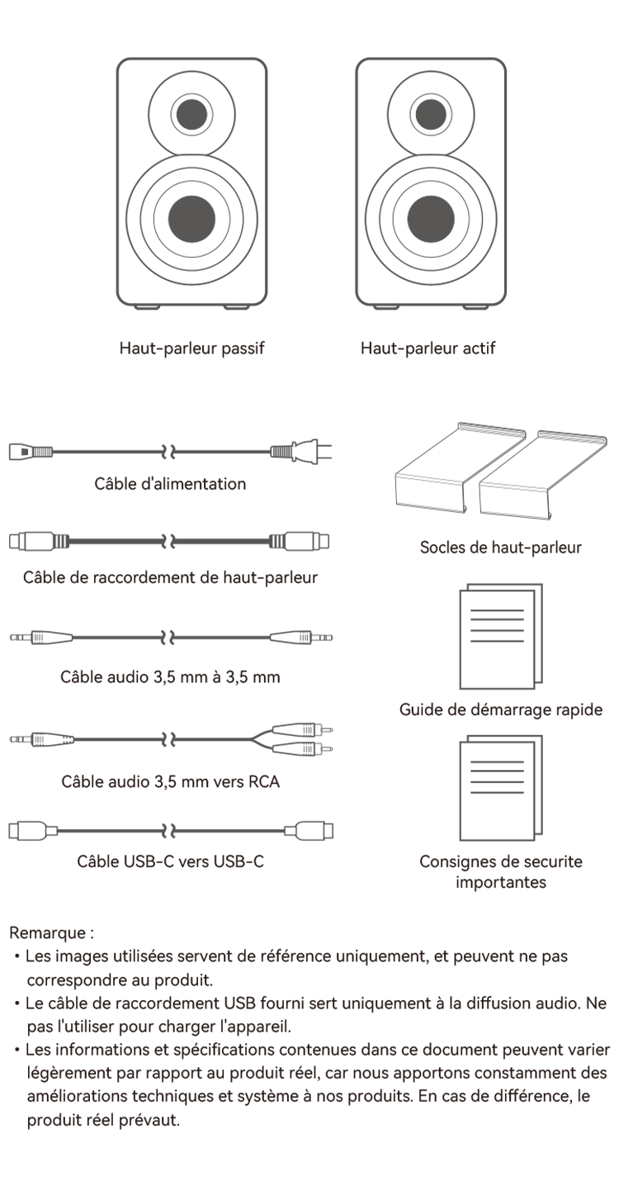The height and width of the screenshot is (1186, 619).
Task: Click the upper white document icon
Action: pyautogui.click(x=497, y=639)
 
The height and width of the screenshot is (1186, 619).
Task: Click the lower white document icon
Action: pyautogui.click(x=497, y=790)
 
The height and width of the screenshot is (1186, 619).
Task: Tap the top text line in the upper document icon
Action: pyautogui.click(x=497, y=611)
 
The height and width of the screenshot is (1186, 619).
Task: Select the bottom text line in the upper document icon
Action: pyautogui.click(x=497, y=640)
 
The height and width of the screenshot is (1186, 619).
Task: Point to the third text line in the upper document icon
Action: pyautogui.click(x=497, y=630)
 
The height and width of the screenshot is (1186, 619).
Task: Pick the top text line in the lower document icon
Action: pyautogui.click(x=497, y=761)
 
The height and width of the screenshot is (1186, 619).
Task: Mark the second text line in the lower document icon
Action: pyautogui.click(x=497, y=771)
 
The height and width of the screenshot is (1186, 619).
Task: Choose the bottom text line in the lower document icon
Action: pyautogui.click(x=497, y=792)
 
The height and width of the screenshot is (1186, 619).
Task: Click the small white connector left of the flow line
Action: pyautogui.click(x=17, y=541)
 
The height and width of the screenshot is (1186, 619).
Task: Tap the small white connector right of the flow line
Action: pyautogui.click(x=321, y=541)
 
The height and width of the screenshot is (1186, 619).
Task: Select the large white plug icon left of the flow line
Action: pyautogui.click(x=31, y=831)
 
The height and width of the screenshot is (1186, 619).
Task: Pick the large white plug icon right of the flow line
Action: pyautogui.click(x=310, y=831)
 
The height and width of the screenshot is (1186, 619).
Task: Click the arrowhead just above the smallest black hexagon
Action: pyautogui.click(x=169, y=452)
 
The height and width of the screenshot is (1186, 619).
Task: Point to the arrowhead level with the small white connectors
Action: pyautogui.click(x=169, y=542)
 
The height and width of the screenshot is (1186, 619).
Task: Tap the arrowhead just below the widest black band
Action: pyautogui.click(x=169, y=638)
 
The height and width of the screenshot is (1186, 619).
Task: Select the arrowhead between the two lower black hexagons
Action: pyautogui.click(x=169, y=736)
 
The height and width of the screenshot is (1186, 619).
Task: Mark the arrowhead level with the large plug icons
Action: pyautogui.click(x=169, y=832)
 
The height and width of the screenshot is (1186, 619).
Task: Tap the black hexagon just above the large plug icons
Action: pyautogui.click(x=169, y=782)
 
